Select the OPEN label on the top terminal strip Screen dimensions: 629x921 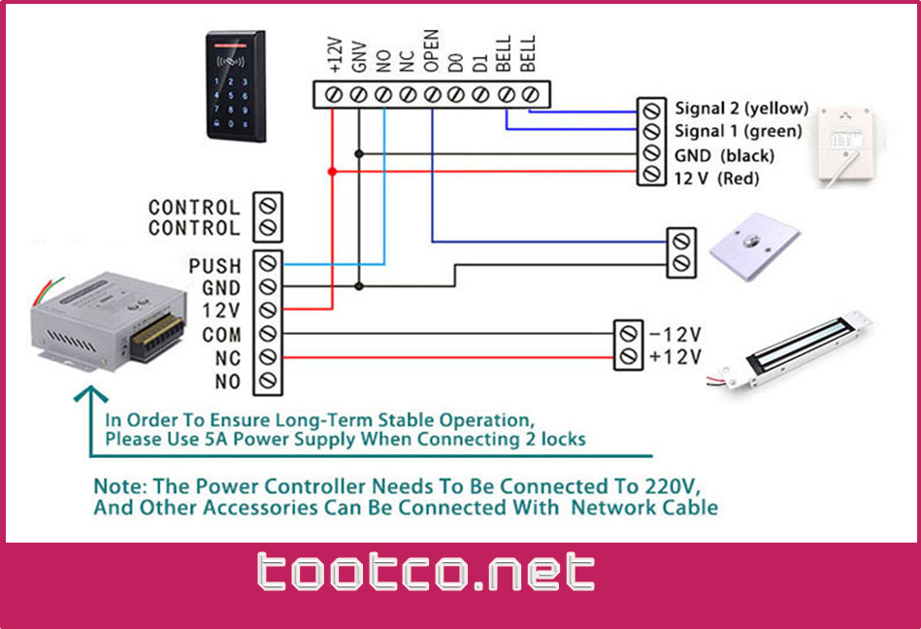(432, 51)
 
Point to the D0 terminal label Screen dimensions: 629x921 (456, 64)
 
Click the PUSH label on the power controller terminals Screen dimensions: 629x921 (214, 265)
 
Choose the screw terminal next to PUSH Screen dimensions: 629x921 (268, 264)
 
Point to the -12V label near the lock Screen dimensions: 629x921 (675, 335)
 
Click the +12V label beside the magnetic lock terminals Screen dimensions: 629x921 (675, 357)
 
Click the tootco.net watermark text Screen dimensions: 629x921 (426, 573)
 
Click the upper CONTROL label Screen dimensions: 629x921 (193, 207)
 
